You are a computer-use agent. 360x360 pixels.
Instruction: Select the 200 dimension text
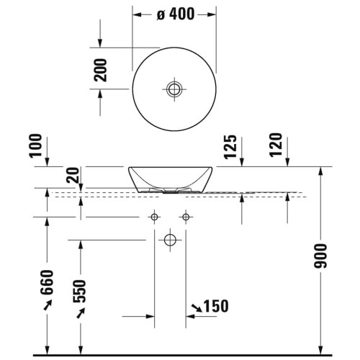[102, 71]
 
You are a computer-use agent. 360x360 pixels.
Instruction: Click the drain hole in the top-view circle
[174, 89]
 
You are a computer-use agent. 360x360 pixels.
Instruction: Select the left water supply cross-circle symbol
[154, 217]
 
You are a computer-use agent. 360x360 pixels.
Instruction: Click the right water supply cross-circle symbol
[186, 217]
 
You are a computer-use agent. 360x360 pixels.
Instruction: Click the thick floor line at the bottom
[180, 354]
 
